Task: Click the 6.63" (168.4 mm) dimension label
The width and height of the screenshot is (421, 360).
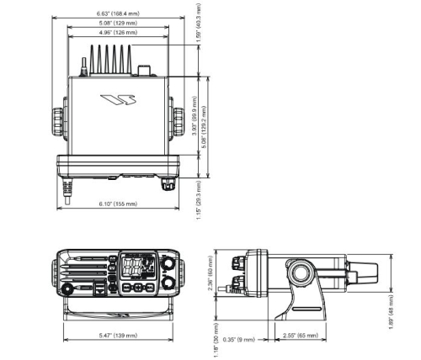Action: pyautogui.click(x=117, y=13)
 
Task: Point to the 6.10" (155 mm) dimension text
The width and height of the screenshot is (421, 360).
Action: pyautogui.click(x=117, y=204)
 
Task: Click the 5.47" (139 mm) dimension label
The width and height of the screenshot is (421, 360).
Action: pyautogui.click(x=117, y=336)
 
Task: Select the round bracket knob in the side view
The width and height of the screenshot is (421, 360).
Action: pyautogui.click(x=299, y=275)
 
